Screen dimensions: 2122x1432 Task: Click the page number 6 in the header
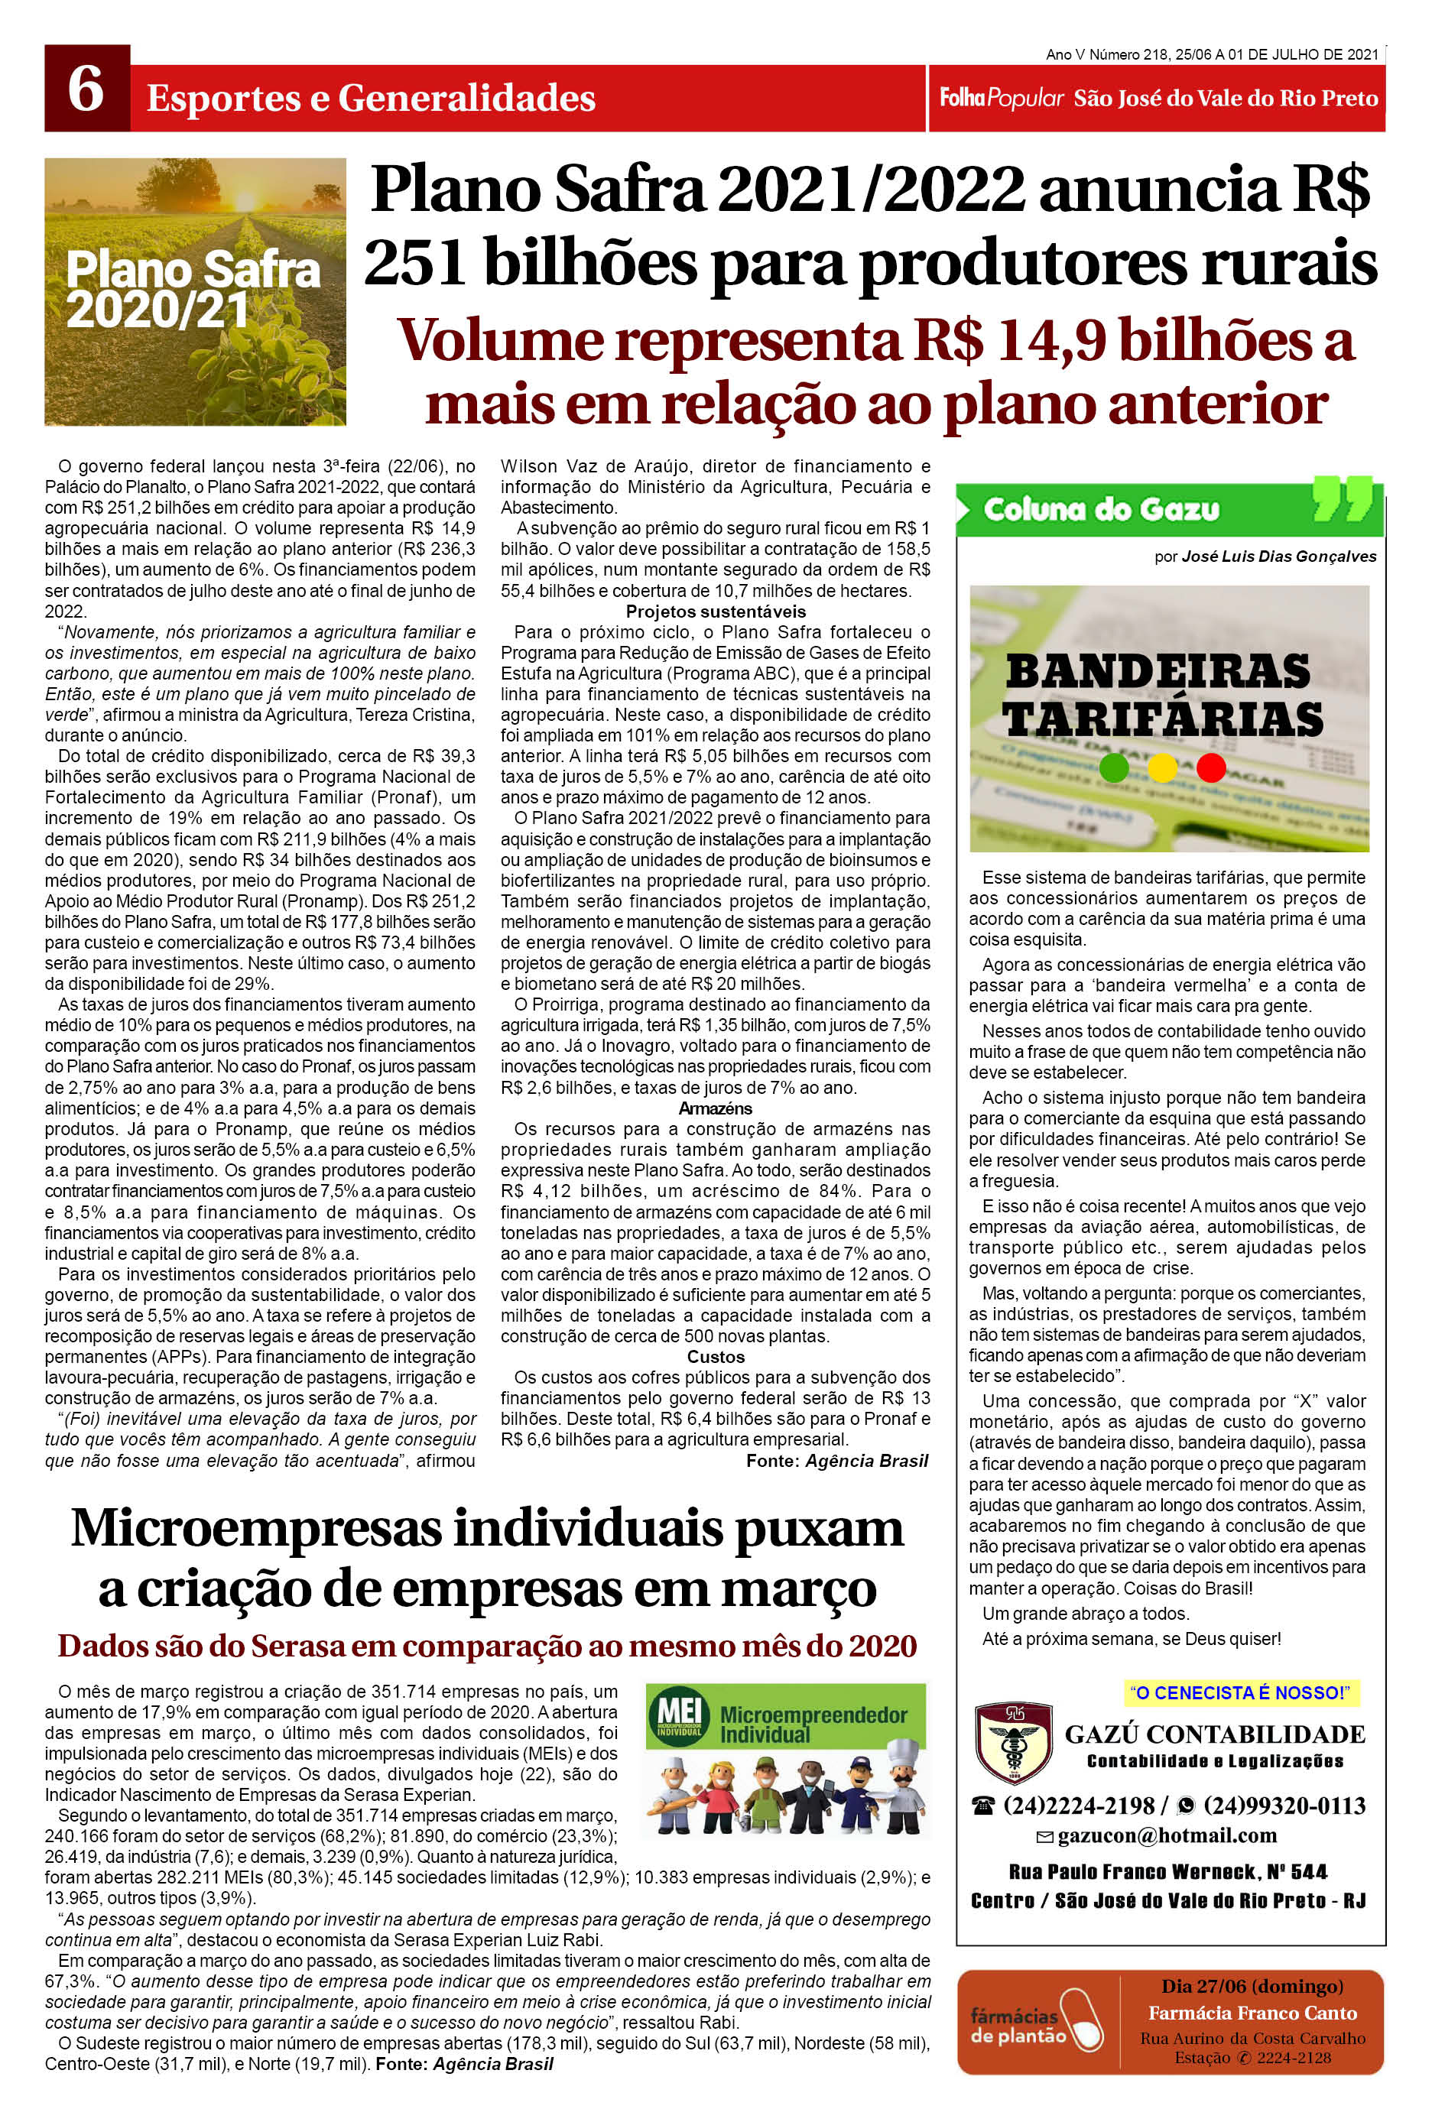click(86, 89)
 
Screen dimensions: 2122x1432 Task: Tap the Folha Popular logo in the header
click(1002, 98)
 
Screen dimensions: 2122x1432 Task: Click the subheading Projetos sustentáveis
click(715, 612)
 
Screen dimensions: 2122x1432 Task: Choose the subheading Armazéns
click(715, 1108)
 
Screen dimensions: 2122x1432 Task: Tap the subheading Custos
click(715, 1357)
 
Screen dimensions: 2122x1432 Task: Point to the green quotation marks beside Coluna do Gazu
click(1343, 499)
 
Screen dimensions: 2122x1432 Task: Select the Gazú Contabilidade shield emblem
click(1013, 1743)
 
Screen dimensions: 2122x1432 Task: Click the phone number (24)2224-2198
click(1078, 1806)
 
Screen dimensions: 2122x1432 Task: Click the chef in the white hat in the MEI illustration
click(902, 1790)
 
